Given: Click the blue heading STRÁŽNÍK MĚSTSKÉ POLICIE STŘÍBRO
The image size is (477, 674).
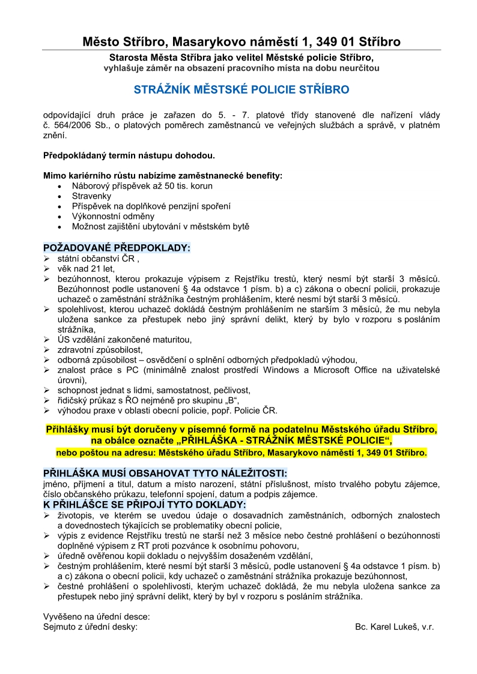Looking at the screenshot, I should point(241,89).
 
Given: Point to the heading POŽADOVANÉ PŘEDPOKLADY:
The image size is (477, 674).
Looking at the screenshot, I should point(117,247).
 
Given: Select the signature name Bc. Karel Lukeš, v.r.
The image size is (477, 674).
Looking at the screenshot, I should point(394,627).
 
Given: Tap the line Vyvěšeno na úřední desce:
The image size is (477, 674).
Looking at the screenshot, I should point(97,616).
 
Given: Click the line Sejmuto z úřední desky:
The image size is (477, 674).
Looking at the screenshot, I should point(91,627).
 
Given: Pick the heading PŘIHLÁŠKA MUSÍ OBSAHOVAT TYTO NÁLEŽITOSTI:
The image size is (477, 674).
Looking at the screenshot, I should point(165,473).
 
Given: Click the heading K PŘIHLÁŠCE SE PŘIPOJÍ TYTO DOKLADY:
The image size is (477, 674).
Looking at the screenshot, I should point(145,505).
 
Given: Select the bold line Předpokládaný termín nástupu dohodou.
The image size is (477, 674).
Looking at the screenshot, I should point(129,155).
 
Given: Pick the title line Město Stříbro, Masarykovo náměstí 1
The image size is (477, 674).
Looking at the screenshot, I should point(241,41).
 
